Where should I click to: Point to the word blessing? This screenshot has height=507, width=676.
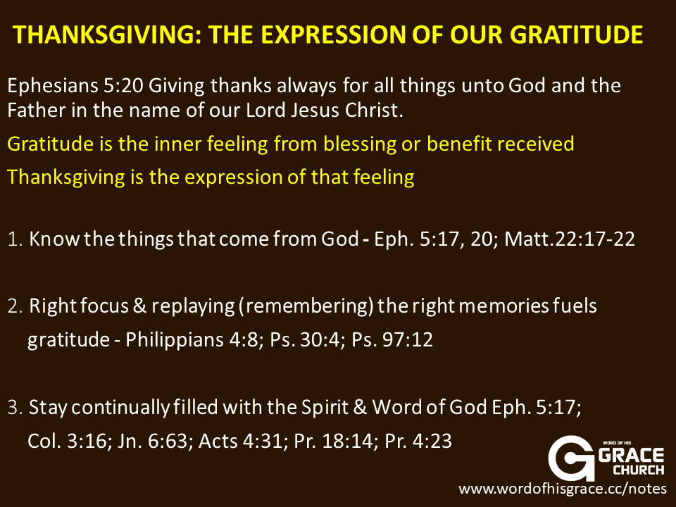(360, 144)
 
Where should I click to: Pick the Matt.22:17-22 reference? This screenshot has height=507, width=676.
(570, 239)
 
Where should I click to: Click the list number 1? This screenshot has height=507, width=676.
(15, 239)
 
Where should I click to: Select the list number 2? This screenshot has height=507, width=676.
(15, 306)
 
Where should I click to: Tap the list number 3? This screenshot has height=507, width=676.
(15, 408)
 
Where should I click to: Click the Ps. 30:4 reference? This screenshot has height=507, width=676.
(307, 339)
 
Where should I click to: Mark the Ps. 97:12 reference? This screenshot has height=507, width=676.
(392, 339)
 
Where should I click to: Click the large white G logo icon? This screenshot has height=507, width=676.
(572, 458)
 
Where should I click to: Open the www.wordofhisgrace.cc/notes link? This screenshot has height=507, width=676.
(563, 489)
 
